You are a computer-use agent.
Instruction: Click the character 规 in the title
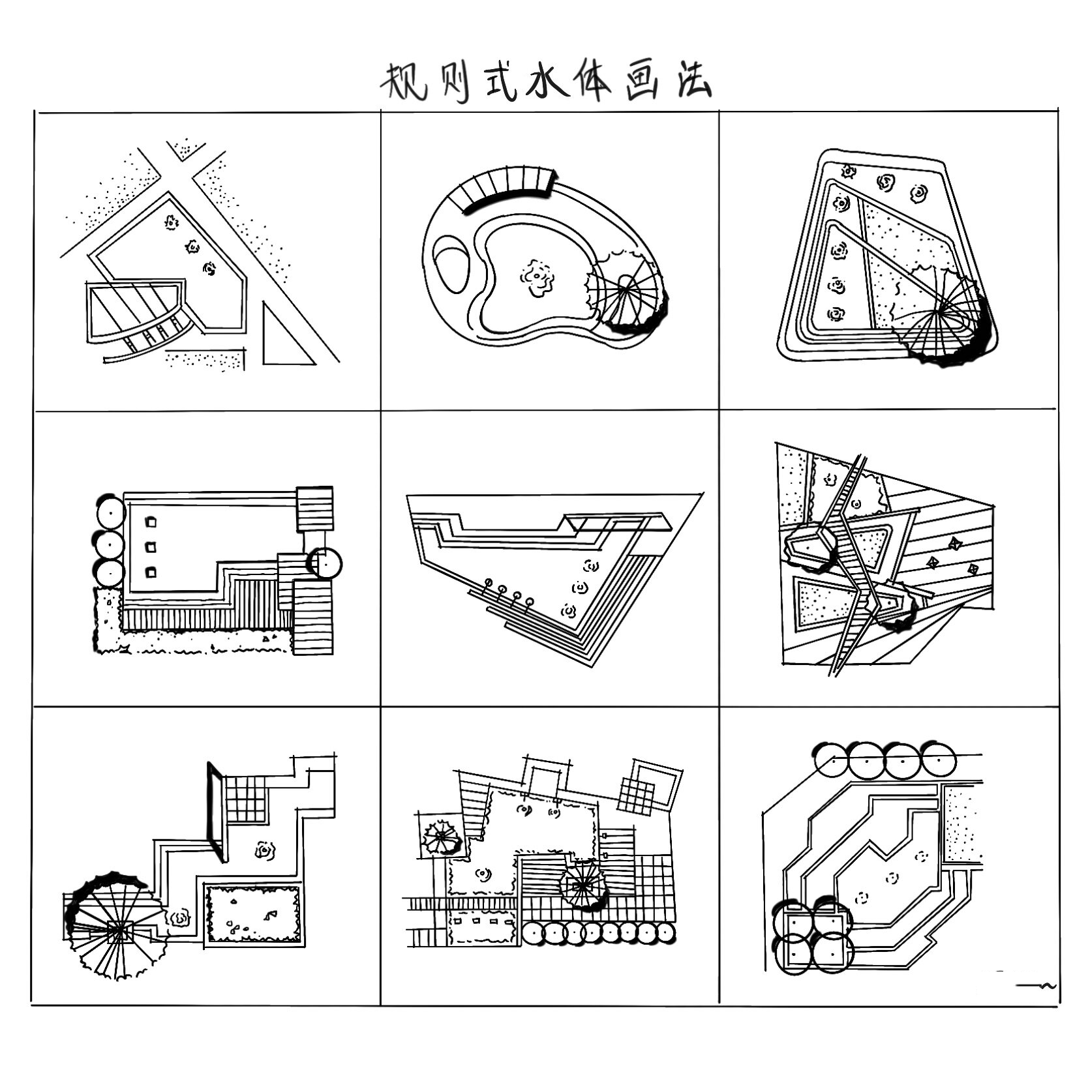402,82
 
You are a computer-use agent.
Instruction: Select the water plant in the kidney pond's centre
537,278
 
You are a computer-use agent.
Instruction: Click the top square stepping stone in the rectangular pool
151,522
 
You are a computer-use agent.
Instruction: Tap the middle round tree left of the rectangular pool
110,542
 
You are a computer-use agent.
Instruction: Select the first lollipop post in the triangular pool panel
488,582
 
